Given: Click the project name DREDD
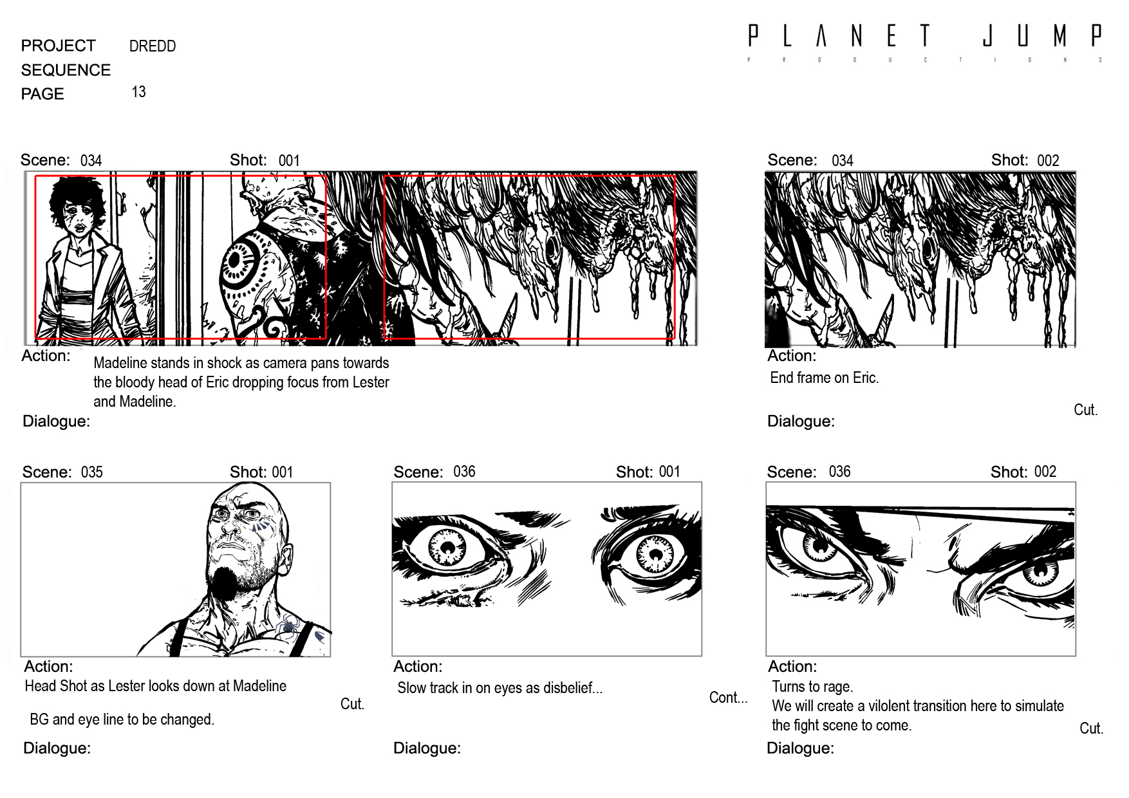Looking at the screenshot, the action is [153, 46].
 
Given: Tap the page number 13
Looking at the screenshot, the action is [138, 92].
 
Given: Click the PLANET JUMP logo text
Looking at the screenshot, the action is [924, 36].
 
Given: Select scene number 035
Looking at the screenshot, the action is [92, 472].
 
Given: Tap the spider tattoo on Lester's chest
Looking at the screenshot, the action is [288, 625].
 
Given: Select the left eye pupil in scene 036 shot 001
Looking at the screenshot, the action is [448, 549].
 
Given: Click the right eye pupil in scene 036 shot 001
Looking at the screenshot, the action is [656, 554].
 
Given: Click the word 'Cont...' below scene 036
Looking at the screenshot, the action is [728, 698].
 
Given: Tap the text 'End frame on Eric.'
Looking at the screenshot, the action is [824, 378].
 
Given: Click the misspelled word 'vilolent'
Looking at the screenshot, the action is [891, 706].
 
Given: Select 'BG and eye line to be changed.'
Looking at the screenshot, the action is [122, 719].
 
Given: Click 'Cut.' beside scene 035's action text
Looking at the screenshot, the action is [352, 704].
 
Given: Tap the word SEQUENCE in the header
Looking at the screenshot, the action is [66, 70].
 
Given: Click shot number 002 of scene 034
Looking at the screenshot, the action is [1048, 160].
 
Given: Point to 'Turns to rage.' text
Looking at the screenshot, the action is [812, 687].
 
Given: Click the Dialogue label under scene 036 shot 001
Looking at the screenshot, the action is [427, 748].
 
